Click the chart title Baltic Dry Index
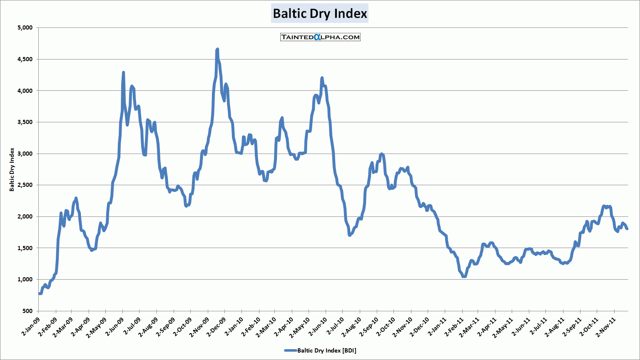320,14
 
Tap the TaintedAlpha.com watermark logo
320,37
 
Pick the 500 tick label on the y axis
27,311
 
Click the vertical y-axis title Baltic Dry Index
12,169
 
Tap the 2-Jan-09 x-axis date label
30,326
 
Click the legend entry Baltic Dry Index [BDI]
320,350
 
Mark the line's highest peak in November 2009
217,50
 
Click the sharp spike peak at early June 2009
123,72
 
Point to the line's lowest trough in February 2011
464,276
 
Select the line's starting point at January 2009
39,293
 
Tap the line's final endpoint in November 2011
627,228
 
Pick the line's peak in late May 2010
322,78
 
